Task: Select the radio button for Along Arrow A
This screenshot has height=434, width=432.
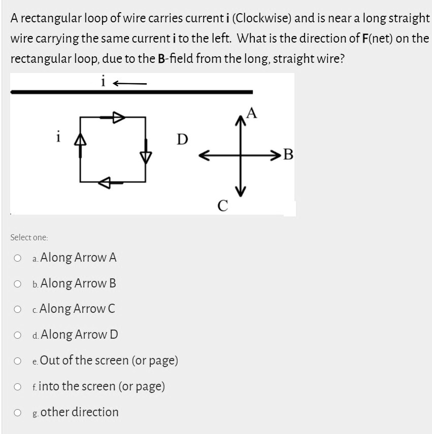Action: coord(18,258)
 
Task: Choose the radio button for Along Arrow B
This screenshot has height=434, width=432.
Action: coord(18,283)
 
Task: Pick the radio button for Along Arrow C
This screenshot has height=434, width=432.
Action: coord(18,309)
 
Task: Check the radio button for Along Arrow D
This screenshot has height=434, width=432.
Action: coord(18,335)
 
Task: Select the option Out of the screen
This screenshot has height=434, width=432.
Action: coord(18,361)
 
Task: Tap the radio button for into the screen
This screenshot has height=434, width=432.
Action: coord(18,387)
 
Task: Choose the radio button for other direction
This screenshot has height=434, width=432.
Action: coord(18,413)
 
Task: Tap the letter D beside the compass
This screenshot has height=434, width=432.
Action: coord(182,138)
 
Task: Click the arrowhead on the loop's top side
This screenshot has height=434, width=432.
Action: coord(118,118)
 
